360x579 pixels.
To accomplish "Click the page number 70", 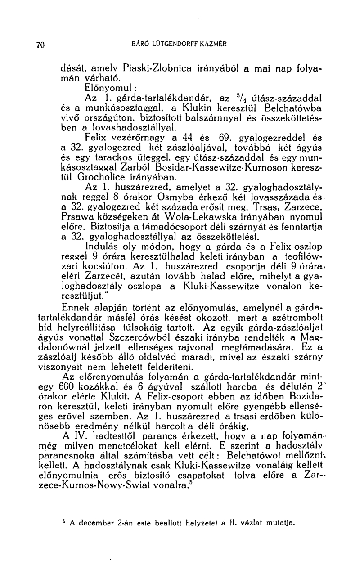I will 40,45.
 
